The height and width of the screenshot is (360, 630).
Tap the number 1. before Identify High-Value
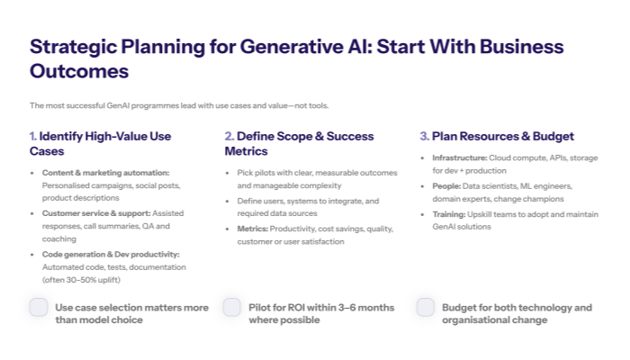(x=33, y=136)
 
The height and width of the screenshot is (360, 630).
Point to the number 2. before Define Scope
(x=229, y=136)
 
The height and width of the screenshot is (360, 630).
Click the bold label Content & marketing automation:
(x=105, y=172)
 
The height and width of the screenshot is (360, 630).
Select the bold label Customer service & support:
(x=95, y=212)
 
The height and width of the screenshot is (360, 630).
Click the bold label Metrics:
(x=254, y=229)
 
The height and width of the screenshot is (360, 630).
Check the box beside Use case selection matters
(x=39, y=308)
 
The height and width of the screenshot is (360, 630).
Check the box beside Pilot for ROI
(x=232, y=308)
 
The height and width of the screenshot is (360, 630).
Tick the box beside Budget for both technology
(x=426, y=308)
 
